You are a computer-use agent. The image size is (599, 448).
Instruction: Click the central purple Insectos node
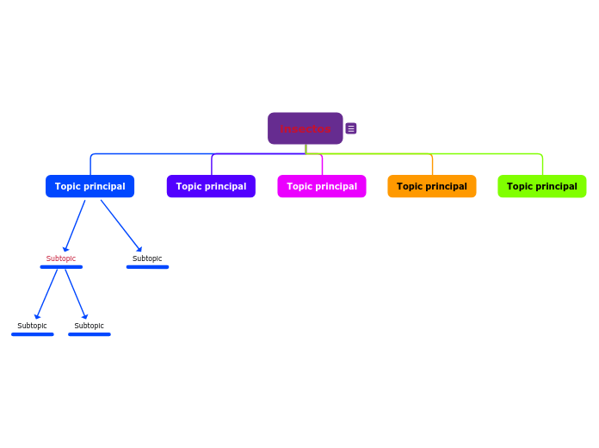click(305, 128)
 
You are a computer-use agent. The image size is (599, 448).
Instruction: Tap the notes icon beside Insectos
click(351, 128)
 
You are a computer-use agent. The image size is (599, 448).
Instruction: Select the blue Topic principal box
click(90, 186)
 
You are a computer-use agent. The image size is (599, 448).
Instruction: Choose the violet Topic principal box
click(211, 186)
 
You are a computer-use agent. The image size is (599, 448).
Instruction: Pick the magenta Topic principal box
click(322, 186)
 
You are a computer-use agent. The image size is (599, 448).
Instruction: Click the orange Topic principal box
click(431, 186)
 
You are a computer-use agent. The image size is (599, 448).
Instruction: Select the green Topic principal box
click(542, 186)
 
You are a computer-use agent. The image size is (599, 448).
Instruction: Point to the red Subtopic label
click(61, 258)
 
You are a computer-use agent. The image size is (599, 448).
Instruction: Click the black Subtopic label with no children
click(147, 258)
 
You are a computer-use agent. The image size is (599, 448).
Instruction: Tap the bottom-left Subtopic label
click(33, 326)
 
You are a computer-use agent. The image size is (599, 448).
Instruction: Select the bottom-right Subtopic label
click(90, 326)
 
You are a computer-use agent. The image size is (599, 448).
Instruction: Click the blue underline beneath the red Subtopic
click(61, 267)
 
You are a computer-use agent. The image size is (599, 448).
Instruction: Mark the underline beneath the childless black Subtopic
click(147, 267)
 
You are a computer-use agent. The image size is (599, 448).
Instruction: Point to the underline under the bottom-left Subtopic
click(33, 334)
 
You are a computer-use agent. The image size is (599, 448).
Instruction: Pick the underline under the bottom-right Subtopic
click(90, 334)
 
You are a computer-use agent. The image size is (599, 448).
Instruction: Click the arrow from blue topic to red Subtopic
click(75, 226)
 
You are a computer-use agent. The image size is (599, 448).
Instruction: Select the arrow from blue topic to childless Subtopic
click(120, 226)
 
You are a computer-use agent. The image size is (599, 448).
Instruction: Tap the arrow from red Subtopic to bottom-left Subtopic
click(46, 294)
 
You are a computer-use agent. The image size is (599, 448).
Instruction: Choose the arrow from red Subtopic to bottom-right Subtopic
click(76, 294)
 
